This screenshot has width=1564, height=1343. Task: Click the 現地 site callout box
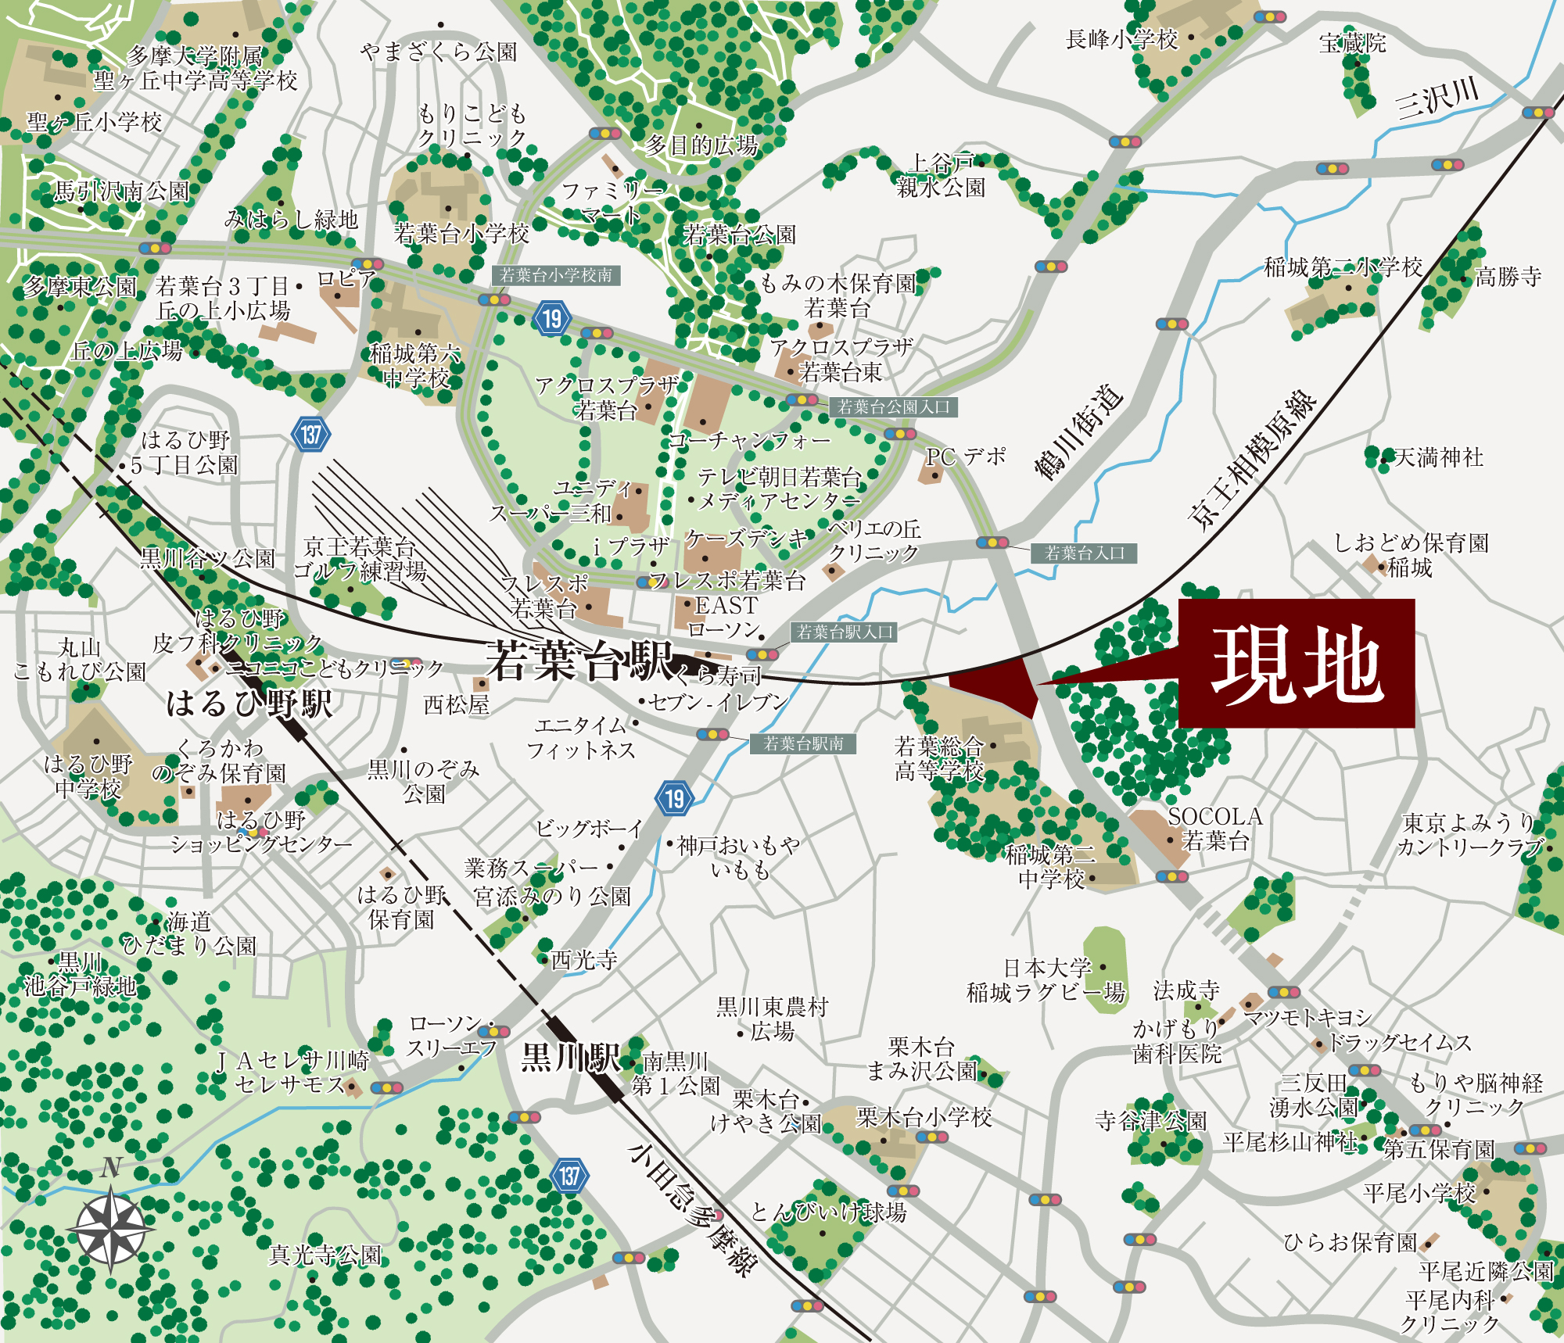1296,663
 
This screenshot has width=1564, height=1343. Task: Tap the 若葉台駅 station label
579,661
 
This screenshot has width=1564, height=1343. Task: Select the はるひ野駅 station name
249,703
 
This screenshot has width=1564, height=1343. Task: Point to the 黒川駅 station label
570,1058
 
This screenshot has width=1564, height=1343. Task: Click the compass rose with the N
111,1228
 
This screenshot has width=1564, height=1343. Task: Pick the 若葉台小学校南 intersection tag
556,275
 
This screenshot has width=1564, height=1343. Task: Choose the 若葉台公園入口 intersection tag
893,407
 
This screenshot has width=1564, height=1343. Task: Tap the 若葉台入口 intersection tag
1084,553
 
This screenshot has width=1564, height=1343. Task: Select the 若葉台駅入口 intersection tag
844,632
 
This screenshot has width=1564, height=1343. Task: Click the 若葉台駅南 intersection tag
803,743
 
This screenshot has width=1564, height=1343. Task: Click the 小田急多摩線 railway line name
691,1209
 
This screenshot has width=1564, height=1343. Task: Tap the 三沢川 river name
1437,100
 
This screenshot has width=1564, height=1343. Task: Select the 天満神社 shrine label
1439,457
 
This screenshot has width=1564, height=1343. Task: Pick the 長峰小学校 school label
1121,39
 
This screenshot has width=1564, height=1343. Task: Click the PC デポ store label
965,457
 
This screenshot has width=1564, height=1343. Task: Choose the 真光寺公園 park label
325,1255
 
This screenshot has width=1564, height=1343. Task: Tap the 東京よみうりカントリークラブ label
1469,835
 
